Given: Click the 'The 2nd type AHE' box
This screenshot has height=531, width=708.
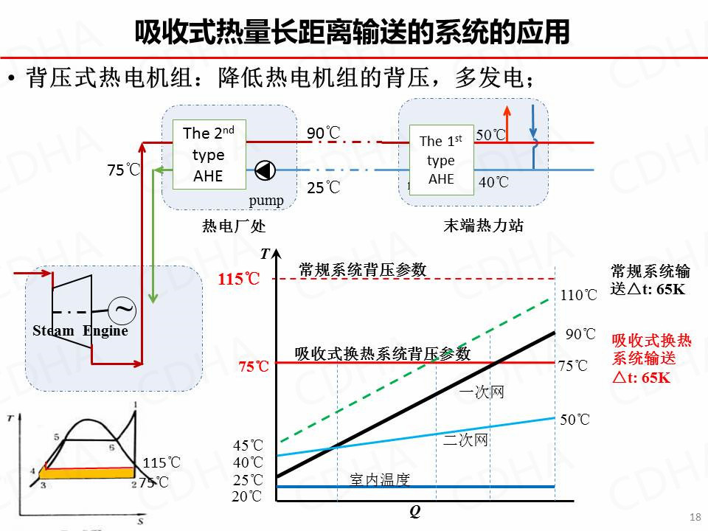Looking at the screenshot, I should [x=209, y=153].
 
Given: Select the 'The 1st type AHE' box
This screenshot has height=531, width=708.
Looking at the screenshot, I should [x=441, y=159].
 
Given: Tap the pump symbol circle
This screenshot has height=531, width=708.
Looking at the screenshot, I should [x=265, y=171].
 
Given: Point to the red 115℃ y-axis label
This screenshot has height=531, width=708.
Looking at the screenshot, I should [x=239, y=280].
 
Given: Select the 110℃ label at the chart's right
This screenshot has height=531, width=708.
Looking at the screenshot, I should [x=580, y=296].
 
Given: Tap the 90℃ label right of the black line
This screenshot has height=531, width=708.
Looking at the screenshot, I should [x=580, y=334].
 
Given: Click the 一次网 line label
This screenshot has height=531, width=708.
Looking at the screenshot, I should [x=481, y=392].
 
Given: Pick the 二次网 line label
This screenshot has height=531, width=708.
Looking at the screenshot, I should [x=465, y=440].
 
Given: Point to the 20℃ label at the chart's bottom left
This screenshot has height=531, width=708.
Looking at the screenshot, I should [x=247, y=496].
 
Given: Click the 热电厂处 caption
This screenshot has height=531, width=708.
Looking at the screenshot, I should [x=233, y=226].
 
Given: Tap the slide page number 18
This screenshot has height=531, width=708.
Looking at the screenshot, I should [x=694, y=517].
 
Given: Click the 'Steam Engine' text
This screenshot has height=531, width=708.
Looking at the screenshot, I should [x=80, y=330].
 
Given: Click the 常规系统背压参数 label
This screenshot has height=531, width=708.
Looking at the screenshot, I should [x=363, y=270].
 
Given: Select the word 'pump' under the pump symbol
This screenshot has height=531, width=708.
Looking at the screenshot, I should [x=266, y=200].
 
